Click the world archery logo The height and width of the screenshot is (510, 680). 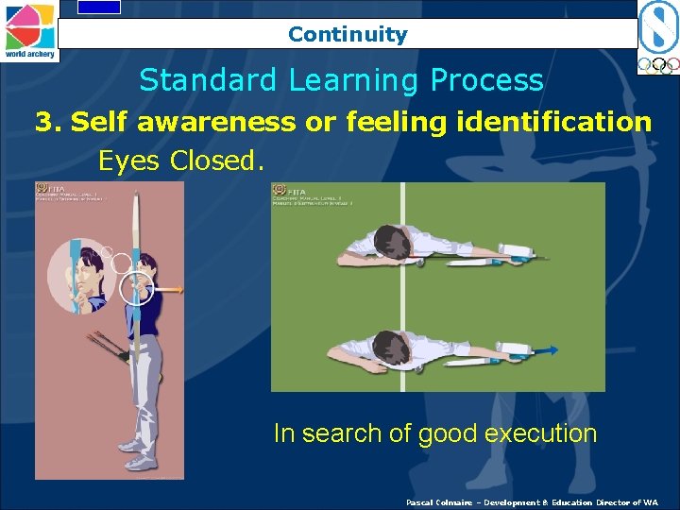pos(29,30)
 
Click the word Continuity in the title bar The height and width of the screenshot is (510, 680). pos(348,35)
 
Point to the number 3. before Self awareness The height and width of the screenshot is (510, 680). pos(48,122)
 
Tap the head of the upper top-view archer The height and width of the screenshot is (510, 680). pos(390,242)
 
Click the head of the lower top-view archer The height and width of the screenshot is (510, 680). pos(389,347)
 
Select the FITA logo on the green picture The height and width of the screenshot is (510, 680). pos(280,191)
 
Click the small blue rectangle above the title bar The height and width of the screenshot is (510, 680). pos(98,7)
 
